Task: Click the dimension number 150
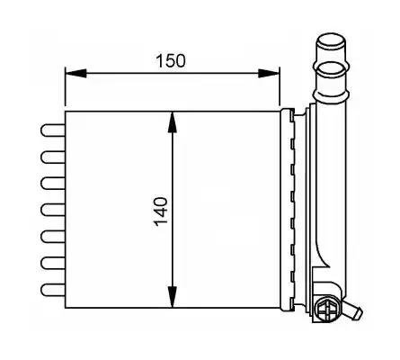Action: click(x=171, y=60)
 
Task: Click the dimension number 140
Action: click(x=161, y=211)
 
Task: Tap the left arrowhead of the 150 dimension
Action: click(x=76, y=73)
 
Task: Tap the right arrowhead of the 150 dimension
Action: click(x=269, y=73)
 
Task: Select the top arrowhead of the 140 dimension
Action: click(x=173, y=122)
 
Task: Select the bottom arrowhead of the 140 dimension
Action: click(x=173, y=297)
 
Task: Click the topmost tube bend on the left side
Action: click(x=53, y=130)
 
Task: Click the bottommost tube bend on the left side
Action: click(x=53, y=290)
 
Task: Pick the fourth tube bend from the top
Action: click(x=53, y=210)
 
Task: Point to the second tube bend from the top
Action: click(x=53, y=157)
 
